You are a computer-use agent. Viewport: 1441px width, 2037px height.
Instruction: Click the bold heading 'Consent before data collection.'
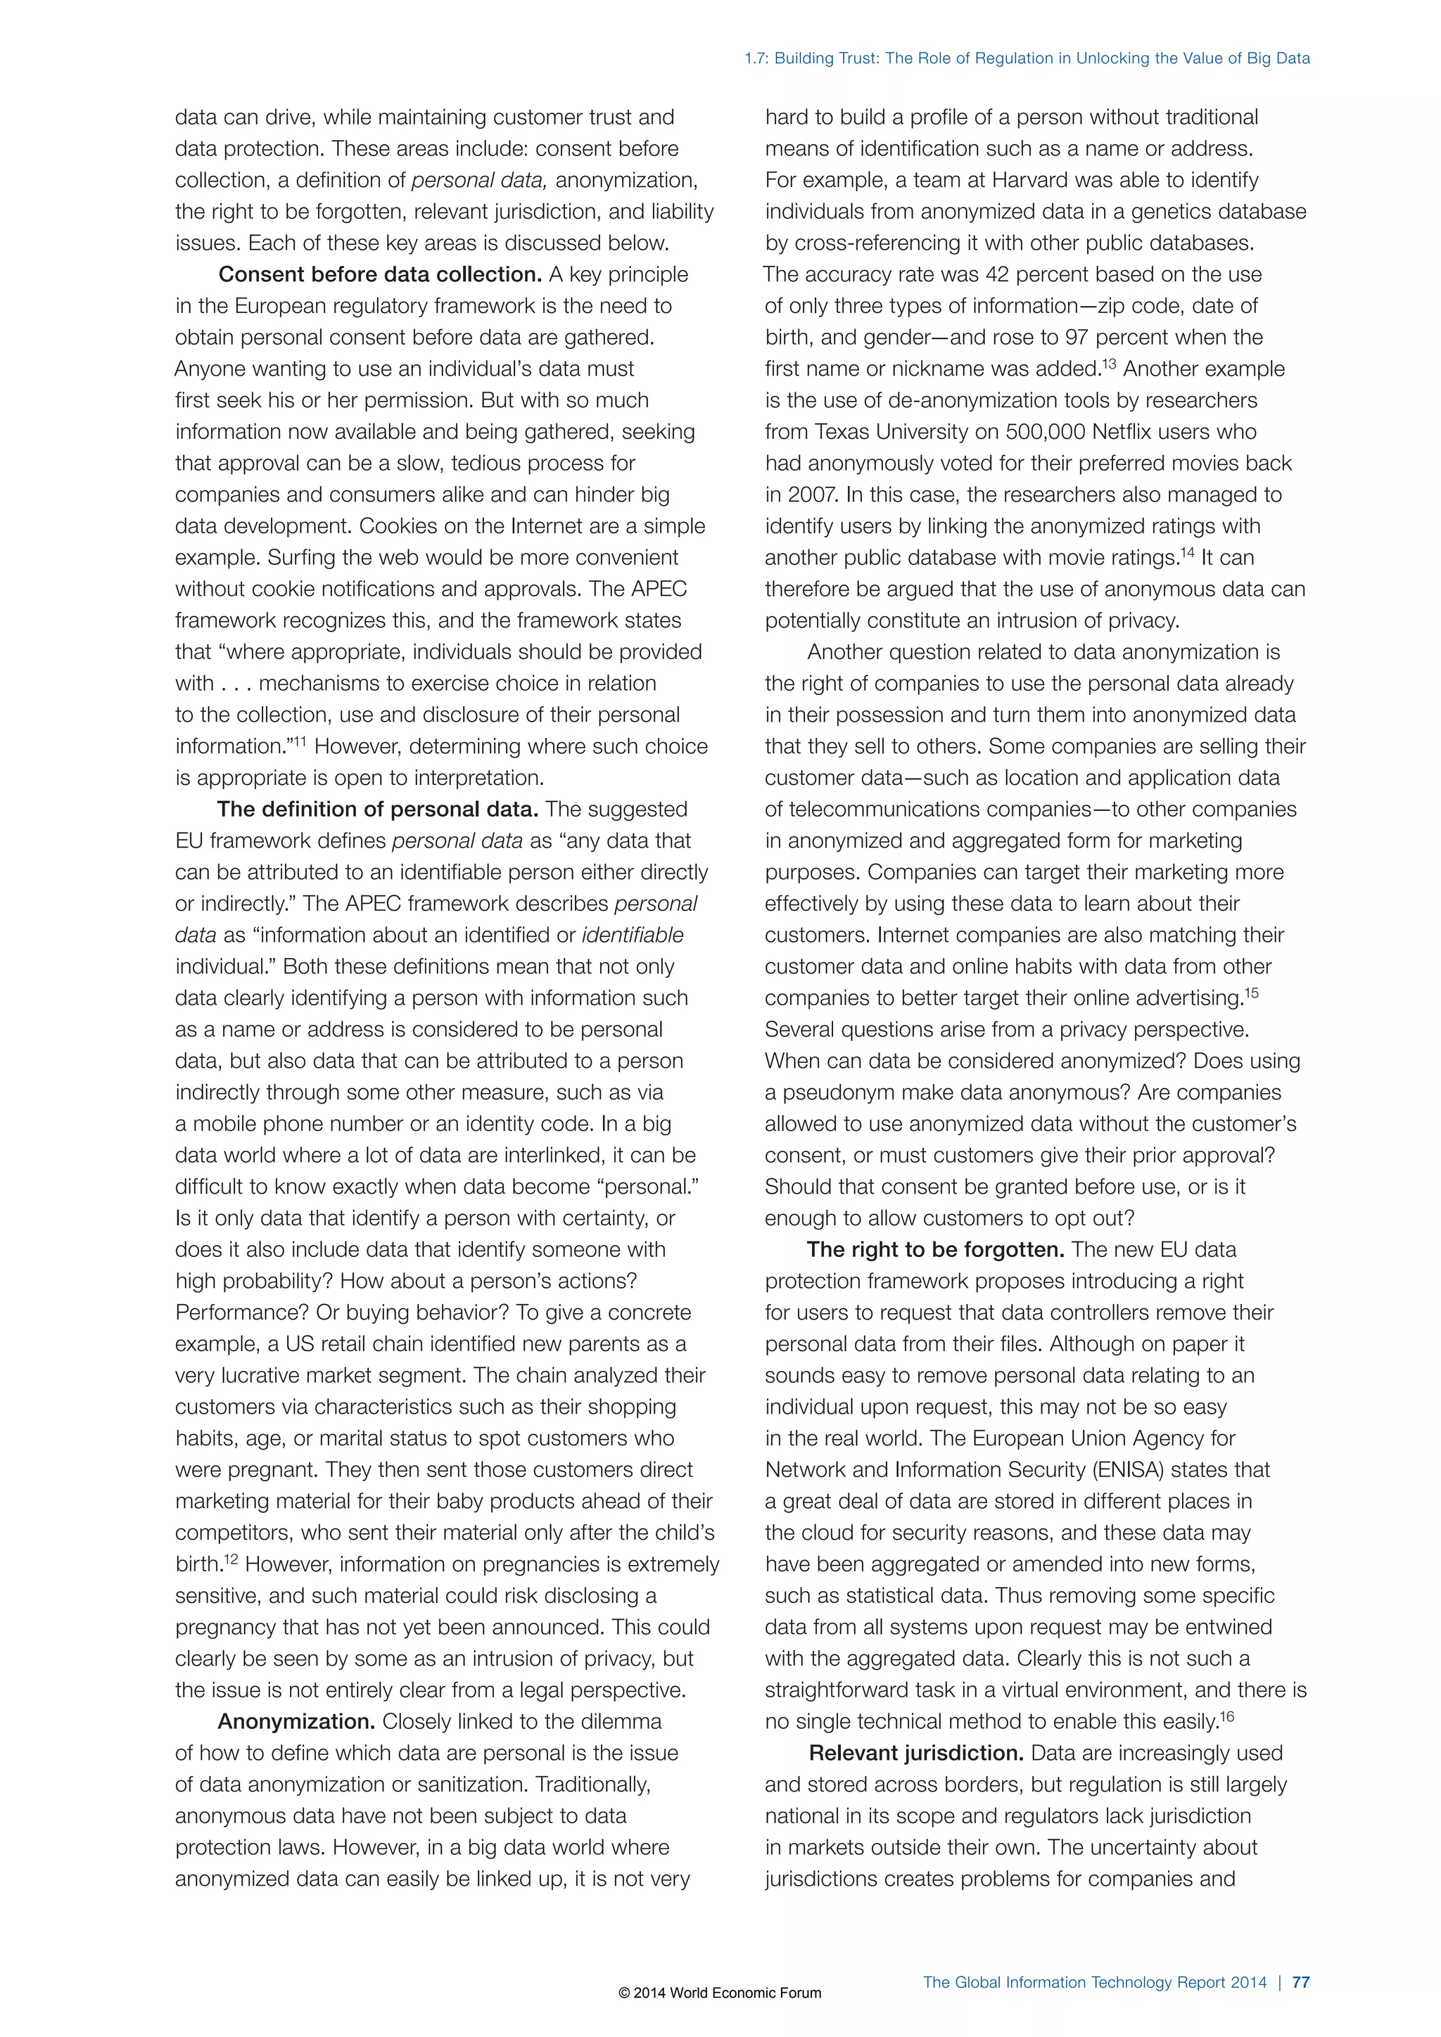point(380,275)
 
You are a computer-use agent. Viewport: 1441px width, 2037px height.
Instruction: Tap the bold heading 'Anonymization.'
point(297,1721)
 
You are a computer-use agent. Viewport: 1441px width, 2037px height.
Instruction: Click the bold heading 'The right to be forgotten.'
point(935,1249)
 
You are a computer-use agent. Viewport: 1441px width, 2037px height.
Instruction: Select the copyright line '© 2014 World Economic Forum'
point(720,1993)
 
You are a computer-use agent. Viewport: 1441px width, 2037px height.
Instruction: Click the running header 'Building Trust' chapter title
point(1027,58)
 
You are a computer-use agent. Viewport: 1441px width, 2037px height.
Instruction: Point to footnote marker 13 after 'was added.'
point(1109,364)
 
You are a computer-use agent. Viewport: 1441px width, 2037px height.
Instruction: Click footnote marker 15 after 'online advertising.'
point(1251,992)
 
